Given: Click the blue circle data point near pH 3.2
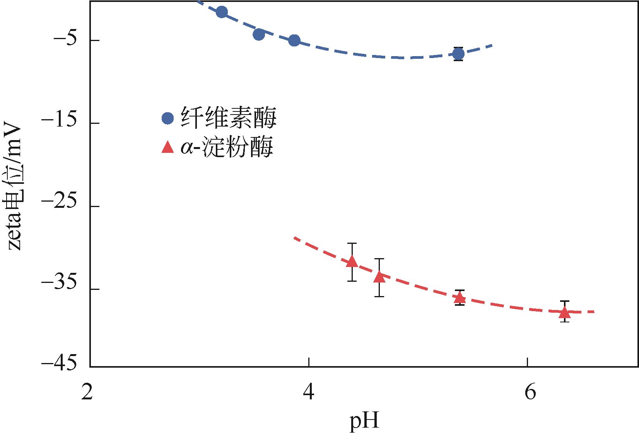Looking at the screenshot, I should tap(222, 12).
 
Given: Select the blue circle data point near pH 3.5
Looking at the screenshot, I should tap(259, 34).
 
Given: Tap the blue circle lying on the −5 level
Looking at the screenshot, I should tap(294, 40).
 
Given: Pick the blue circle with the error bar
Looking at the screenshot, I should tap(459, 54).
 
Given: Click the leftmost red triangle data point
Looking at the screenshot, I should tap(352, 262).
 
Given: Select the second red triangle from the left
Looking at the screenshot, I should tap(379, 277).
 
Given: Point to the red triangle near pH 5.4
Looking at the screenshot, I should tap(460, 297).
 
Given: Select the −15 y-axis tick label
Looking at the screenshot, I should tap(58, 123).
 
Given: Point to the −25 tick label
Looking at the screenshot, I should tap(58, 206).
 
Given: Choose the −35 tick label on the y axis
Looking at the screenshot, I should tap(58, 289).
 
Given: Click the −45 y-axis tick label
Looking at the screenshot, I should tap(58, 364).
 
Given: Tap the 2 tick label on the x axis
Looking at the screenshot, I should tap(88, 393).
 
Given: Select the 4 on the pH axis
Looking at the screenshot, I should tap(308, 393).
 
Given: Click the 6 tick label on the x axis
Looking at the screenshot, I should tap(529, 393).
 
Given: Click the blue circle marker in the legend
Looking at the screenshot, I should tap(168, 118).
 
